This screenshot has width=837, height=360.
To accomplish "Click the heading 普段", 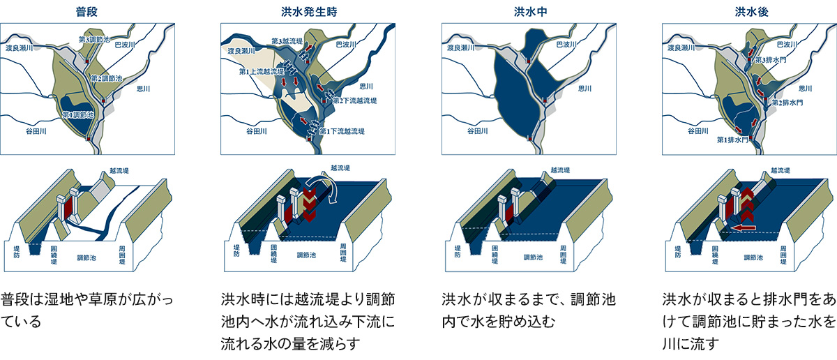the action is (x=86, y=12).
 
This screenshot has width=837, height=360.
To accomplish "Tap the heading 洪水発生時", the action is (x=309, y=12).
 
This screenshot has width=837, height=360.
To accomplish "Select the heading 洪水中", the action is (x=531, y=12).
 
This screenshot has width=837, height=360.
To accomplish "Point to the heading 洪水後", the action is (x=751, y=12).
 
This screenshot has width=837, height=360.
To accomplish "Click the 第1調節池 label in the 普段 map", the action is (x=78, y=114).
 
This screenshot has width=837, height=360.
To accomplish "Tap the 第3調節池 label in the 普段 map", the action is (x=94, y=39).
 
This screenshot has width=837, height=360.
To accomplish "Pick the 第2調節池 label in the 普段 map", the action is (x=107, y=79).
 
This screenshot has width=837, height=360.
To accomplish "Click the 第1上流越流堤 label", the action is (x=262, y=71).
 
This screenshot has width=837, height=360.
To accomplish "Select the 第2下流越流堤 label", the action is (x=354, y=100).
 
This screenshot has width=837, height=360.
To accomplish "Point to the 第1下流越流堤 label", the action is (x=342, y=131).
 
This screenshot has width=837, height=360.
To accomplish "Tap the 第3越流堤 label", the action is (x=287, y=41).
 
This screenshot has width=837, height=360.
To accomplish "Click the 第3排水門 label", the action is (x=771, y=60).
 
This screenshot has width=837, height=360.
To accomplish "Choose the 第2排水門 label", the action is (x=787, y=103).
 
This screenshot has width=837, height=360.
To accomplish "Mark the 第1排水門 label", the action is (x=732, y=140).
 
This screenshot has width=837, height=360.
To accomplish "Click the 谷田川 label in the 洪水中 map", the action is (x=478, y=131).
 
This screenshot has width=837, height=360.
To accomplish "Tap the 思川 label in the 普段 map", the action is (x=144, y=89).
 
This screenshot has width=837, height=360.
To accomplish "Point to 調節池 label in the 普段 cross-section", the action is (x=86, y=258).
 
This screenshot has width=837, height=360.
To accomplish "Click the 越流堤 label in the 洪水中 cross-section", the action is (x=560, y=170).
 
